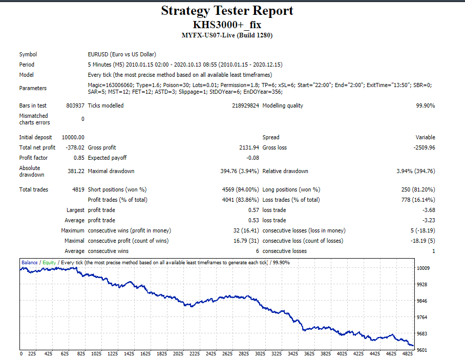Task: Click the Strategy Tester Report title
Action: (x=227, y=11)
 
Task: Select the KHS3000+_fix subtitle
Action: (x=227, y=25)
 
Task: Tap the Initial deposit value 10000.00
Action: (x=73, y=137)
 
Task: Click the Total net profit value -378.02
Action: (x=75, y=147)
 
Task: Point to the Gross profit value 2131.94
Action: (x=249, y=147)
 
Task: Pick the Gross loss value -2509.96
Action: (x=425, y=147)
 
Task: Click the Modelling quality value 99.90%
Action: (x=426, y=105)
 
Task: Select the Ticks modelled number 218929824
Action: (x=245, y=105)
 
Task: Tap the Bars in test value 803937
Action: (x=75, y=105)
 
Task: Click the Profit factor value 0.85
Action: (x=79, y=158)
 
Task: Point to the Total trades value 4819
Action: (x=78, y=189)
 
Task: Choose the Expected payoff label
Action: (x=107, y=158)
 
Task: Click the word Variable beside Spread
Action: (x=425, y=137)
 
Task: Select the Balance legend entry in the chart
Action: (x=29, y=262)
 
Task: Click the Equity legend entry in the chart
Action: (x=49, y=263)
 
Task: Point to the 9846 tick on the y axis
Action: (x=422, y=301)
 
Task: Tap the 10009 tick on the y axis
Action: (x=423, y=268)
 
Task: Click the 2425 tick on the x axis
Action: (x=211, y=354)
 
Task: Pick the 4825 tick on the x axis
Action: (x=408, y=354)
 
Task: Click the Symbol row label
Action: (x=28, y=55)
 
